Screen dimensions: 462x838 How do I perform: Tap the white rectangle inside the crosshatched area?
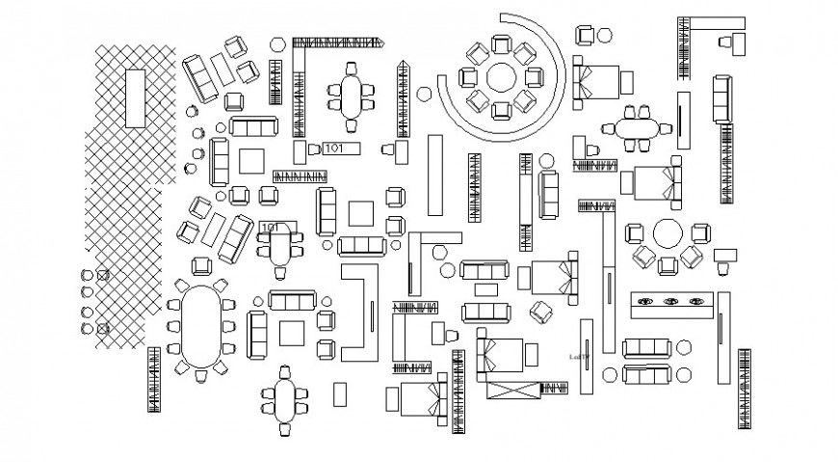[135, 96]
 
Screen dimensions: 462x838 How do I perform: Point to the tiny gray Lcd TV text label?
[580, 355]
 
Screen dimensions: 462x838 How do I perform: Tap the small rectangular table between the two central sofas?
[487, 289]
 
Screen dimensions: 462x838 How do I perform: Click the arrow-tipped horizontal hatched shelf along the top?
[337, 42]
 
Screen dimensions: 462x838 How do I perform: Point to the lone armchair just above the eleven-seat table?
[203, 266]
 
